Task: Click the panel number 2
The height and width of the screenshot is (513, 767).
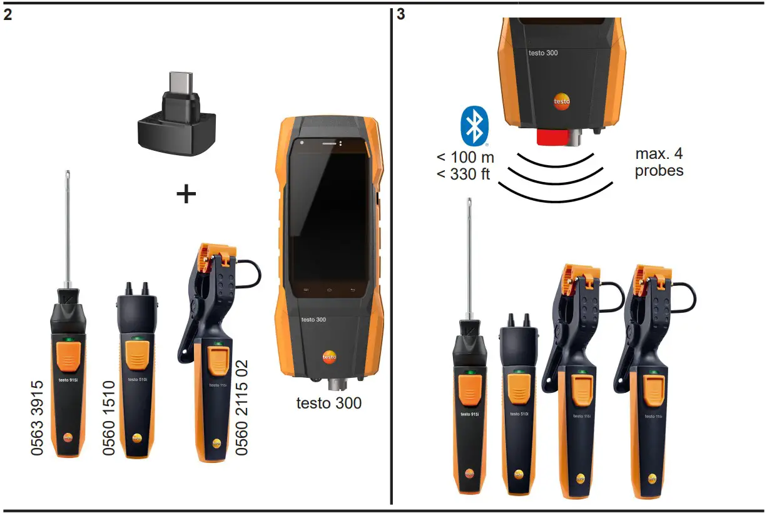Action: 8,14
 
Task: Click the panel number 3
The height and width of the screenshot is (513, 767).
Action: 401,14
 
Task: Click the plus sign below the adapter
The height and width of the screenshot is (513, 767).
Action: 186,194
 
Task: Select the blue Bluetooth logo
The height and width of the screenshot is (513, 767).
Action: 474,126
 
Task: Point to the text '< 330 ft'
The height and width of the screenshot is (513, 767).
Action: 464,174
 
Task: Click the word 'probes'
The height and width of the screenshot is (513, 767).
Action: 659,171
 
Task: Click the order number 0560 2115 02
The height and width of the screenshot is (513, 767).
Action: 241,407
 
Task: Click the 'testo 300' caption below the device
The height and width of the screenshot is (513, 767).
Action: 328,404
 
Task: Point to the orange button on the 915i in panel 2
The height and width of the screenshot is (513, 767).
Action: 69,354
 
